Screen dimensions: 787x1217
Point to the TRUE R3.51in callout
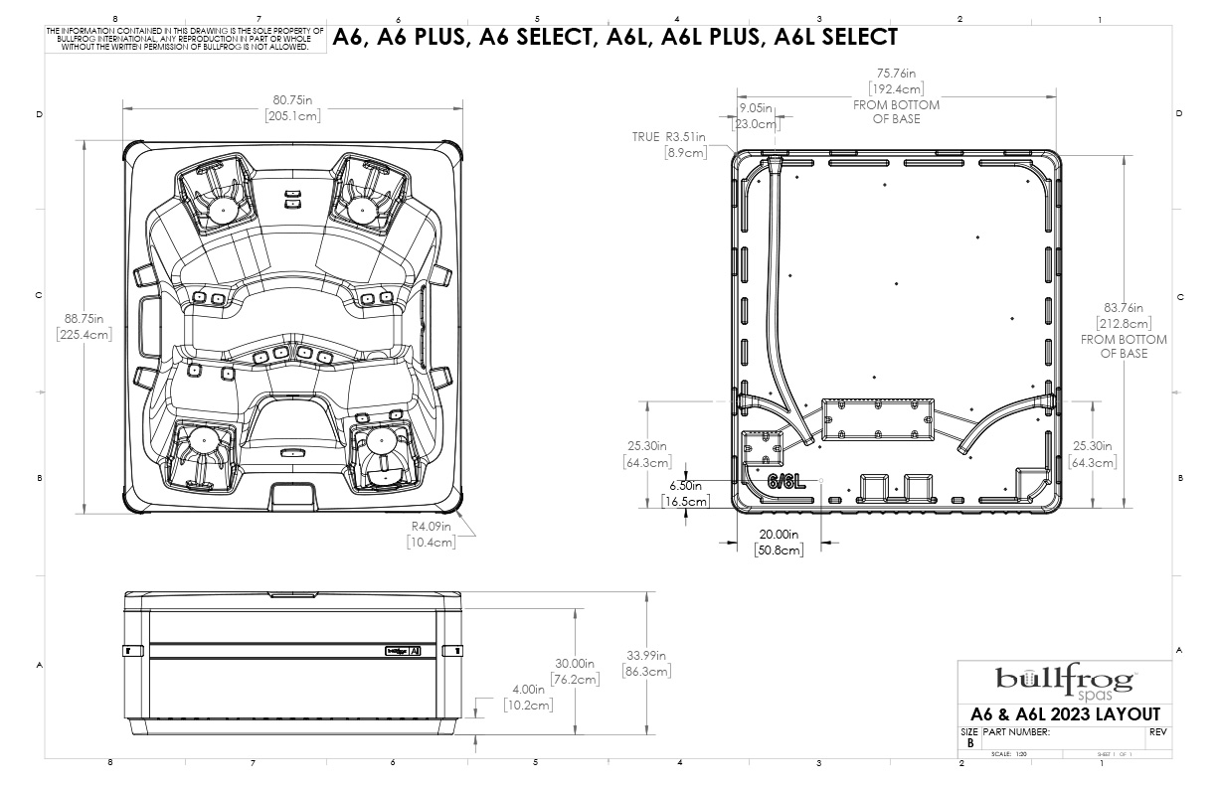669,137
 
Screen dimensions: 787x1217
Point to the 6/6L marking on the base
785,482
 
